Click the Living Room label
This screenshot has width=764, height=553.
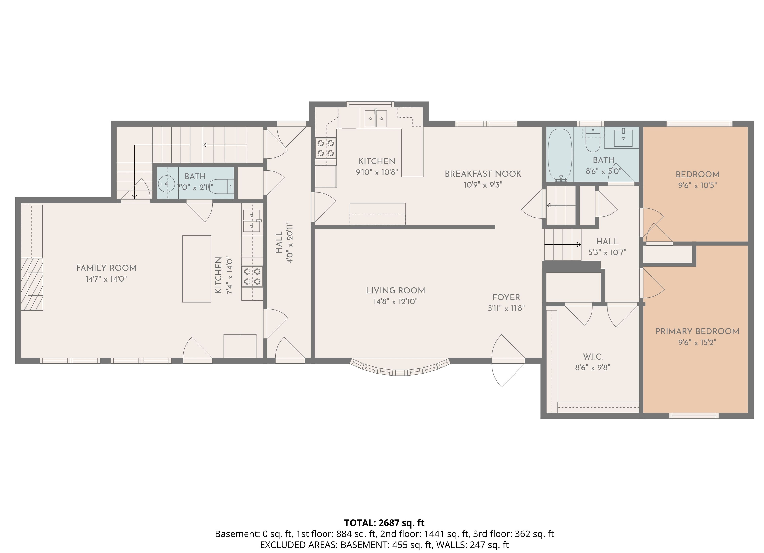(x=396, y=290)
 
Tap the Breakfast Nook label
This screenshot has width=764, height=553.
(x=483, y=174)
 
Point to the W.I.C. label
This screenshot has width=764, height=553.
(x=593, y=357)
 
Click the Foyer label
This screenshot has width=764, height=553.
(x=506, y=297)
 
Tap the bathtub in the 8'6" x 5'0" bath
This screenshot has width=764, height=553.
(x=560, y=154)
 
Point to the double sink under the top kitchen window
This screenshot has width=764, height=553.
(x=376, y=118)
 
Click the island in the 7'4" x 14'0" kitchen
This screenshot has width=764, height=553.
(x=197, y=269)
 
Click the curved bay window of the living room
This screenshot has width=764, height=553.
(x=400, y=371)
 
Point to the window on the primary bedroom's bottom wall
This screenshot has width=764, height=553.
(x=694, y=416)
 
